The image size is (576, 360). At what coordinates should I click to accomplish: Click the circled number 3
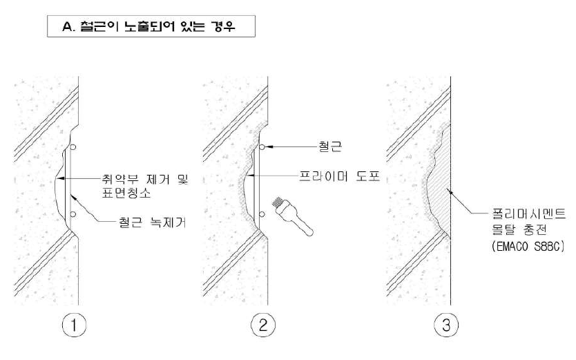click(445, 325)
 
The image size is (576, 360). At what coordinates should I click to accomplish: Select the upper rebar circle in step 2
click(261, 146)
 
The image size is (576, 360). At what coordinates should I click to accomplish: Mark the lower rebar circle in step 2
click(261, 214)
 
